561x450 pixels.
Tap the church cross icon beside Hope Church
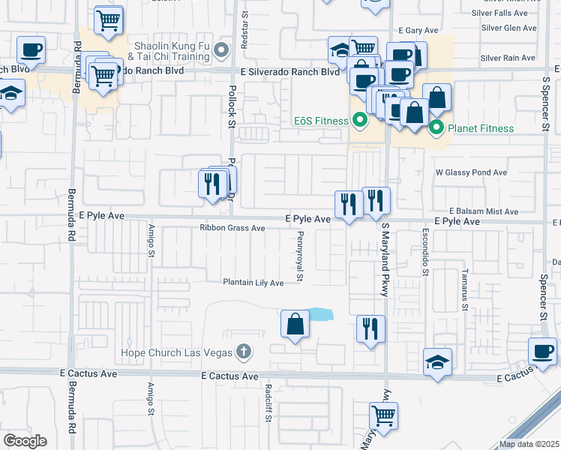pos(243,351)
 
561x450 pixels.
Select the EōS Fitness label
pos(320,121)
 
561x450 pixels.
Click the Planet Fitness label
pos(481,128)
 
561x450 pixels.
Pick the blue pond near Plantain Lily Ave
pos(321,313)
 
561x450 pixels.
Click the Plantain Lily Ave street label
pos(253,283)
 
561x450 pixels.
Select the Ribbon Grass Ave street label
pos(232,228)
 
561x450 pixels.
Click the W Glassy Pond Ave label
pos(471,172)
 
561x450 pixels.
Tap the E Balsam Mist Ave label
pos(484,212)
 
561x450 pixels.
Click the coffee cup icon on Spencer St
pos(542,351)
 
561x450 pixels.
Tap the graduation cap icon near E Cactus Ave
pos(437,362)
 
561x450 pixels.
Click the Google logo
pos(25,440)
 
